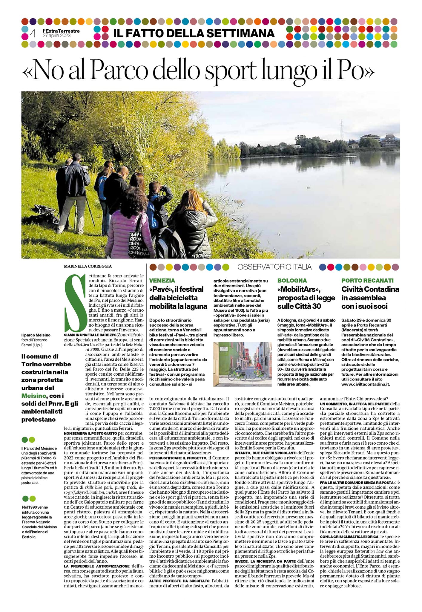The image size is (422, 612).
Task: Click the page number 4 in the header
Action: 33,33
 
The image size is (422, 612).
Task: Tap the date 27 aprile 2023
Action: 57,36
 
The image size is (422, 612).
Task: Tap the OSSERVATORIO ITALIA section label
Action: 274,267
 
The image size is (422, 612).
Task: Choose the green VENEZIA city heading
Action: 162,280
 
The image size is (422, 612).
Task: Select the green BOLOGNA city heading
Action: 292,280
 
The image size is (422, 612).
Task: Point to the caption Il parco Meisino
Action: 36,335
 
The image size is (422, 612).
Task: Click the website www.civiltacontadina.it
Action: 366,384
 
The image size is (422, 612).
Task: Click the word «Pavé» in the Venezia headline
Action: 162,289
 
